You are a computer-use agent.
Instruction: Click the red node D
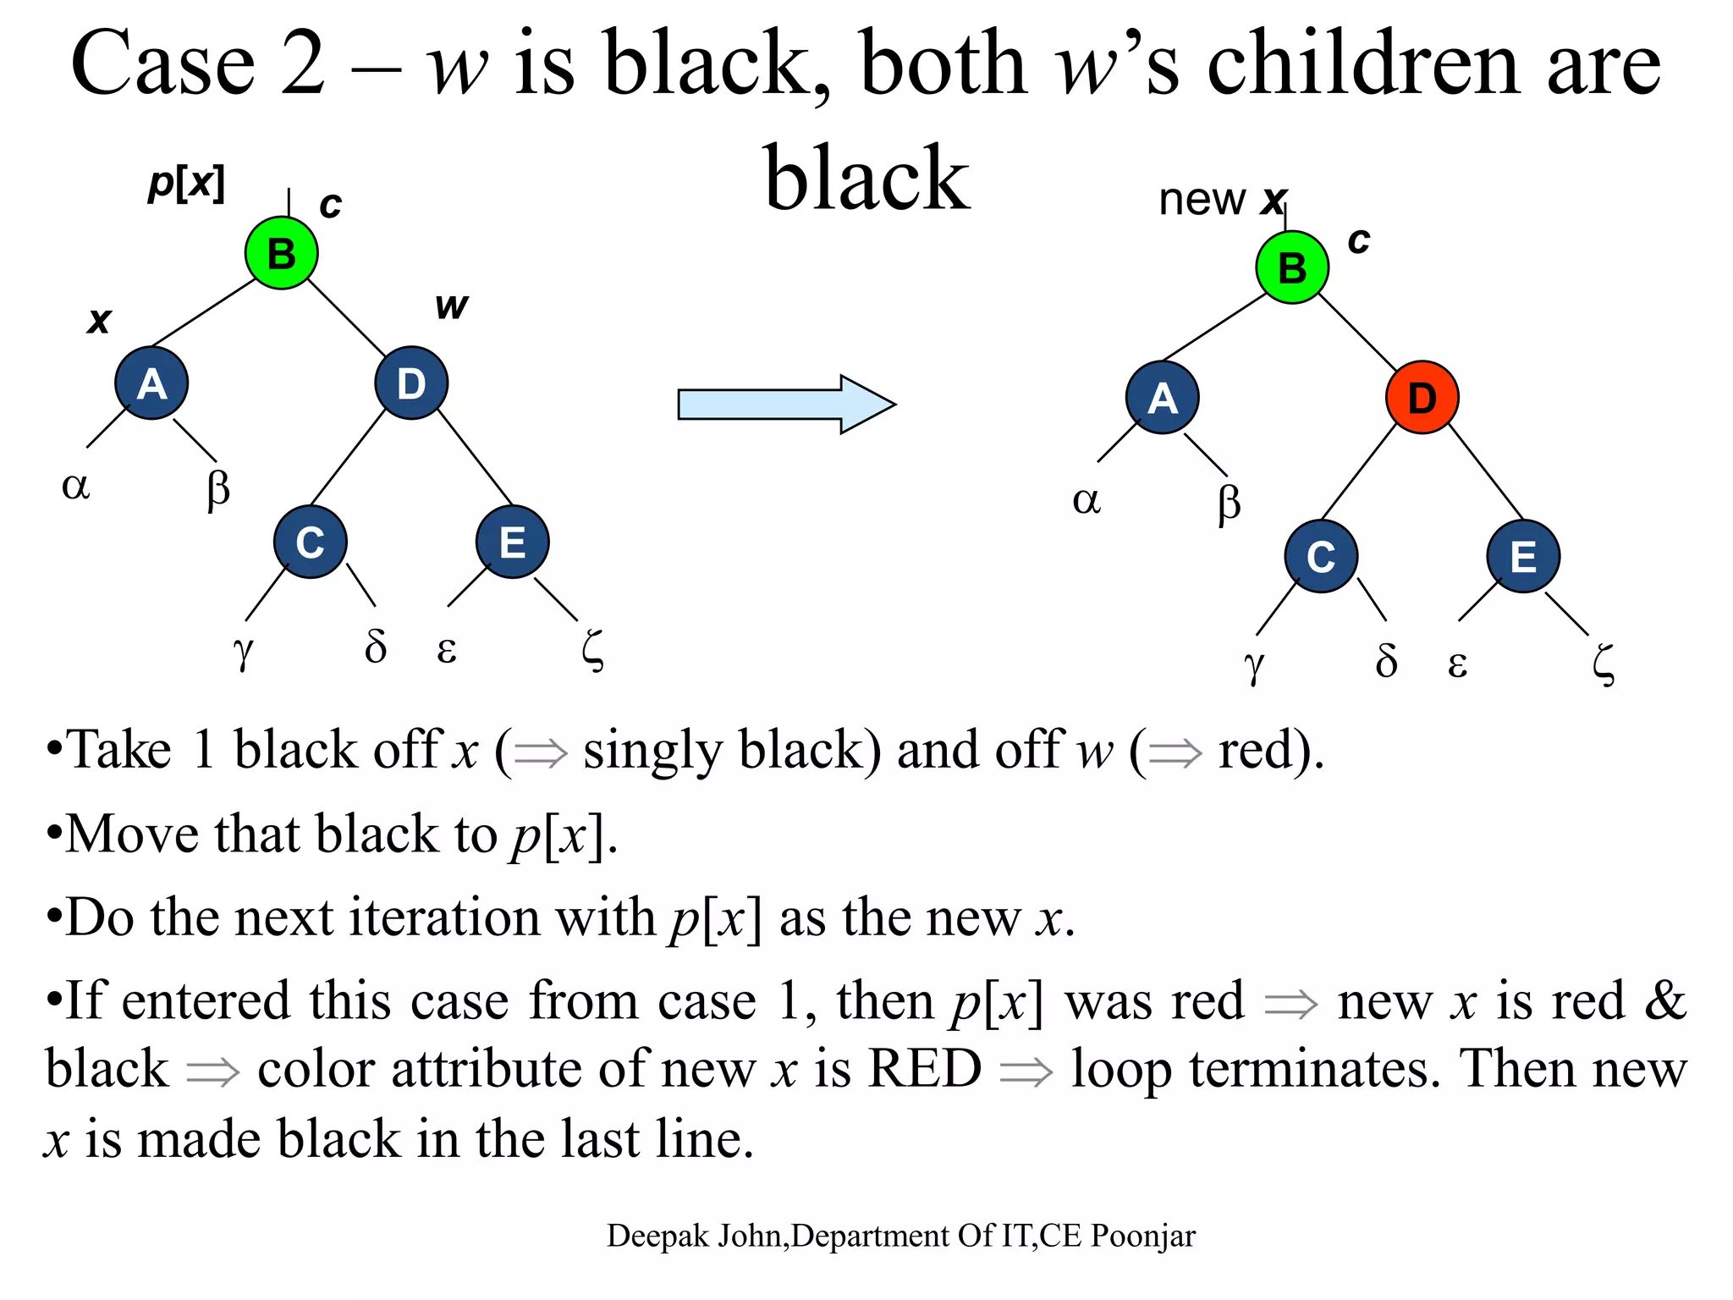(x=1422, y=397)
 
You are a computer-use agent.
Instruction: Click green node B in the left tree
(x=281, y=253)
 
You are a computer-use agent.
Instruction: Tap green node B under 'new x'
(x=1291, y=267)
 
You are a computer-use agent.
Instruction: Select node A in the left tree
(x=151, y=383)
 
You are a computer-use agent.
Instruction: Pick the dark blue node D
(x=411, y=383)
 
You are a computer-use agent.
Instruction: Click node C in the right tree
(x=1320, y=556)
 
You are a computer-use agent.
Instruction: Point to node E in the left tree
(x=512, y=542)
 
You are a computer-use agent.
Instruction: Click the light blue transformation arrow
(x=785, y=405)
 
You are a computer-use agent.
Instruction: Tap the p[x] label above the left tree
(x=186, y=182)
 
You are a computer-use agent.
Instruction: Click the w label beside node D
(x=451, y=306)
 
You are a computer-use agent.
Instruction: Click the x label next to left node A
(x=99, y=321)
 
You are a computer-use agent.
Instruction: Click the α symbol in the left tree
(x=75, y=487)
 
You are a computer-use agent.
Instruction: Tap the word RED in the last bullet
(x=925, y=1068)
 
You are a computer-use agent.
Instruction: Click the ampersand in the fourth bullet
(x=1664, y=1000)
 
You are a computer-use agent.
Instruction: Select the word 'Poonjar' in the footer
(x=1142, y=1236)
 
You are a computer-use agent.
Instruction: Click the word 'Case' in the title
(x=162, y=63)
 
